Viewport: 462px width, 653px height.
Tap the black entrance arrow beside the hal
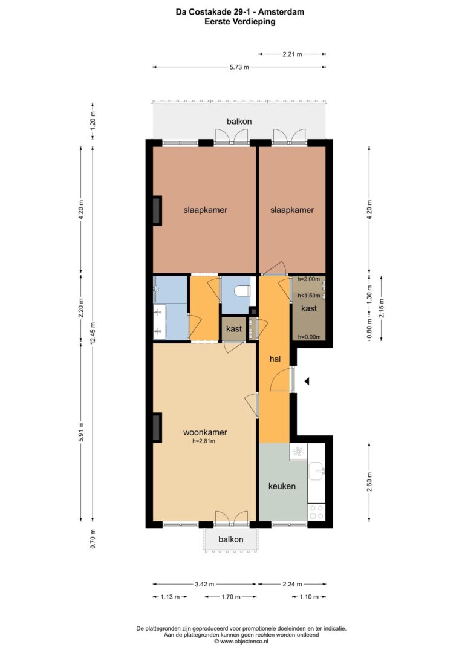[307, 381]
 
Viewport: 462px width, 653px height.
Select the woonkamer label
[205, 432]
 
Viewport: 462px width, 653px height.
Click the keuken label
[282, 486]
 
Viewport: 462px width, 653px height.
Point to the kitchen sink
[317, 472]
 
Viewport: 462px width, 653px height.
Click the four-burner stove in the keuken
[316, 512]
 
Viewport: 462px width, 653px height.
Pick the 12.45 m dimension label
[93, 333]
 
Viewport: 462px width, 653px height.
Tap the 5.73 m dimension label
[239, 67]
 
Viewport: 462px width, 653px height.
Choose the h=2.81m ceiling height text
[204, 441]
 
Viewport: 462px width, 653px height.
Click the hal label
[275, 359]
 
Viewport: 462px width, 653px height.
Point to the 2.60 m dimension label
[369, 482]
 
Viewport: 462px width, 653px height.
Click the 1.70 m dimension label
[230, 597]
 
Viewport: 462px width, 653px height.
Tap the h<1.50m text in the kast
[308, 296]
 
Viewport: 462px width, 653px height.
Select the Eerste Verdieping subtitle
[240, 22]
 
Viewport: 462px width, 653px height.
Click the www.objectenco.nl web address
[243, 642]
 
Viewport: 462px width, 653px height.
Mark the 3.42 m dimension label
[204, 584]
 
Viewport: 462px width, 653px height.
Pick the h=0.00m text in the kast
[309, 337]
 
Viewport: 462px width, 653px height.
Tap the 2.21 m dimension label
[292, 54]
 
